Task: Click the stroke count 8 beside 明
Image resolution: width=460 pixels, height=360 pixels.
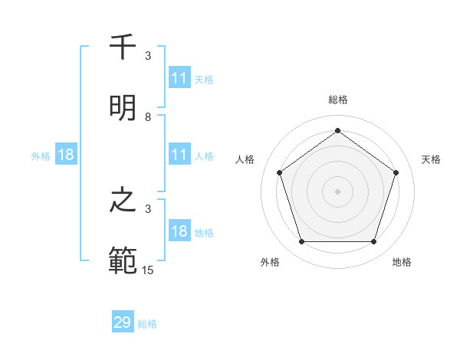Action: point(148,117)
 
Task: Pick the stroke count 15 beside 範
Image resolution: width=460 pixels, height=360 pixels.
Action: point(148,270)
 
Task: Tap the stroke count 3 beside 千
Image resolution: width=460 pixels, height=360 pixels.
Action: point(148,56)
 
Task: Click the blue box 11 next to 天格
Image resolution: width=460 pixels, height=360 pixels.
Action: point(179,78)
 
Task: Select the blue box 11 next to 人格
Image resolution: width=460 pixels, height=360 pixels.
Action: point(179,155)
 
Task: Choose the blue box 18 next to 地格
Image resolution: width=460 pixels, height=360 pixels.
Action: point(179,231)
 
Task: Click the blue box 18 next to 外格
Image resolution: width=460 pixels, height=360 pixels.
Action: point(66,155)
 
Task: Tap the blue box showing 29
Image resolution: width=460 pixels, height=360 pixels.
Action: point(123,322)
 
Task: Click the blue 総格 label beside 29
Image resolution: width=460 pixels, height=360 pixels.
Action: point(147,324)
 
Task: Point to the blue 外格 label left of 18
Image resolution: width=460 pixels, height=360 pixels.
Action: point(41,156)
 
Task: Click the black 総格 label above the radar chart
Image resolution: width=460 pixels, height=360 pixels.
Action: point(337,100)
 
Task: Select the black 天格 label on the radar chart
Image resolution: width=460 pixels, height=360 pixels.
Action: point(431,159)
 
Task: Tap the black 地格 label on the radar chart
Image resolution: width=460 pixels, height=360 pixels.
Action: point(402,262)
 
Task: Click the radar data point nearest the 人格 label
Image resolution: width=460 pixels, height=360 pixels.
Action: point(280,172)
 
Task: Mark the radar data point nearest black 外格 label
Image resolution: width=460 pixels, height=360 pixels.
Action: point(301,242)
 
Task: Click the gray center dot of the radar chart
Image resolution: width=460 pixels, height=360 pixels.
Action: point(337,191)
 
